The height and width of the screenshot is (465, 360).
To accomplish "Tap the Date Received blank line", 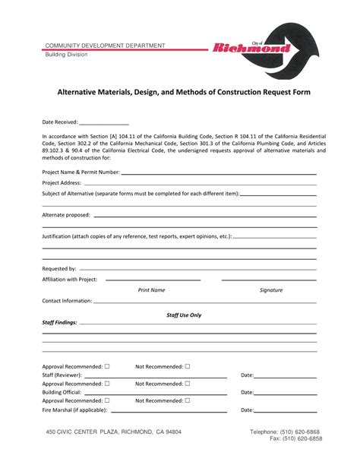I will [103, 123].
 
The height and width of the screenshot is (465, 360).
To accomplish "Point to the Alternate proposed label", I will [66, 215].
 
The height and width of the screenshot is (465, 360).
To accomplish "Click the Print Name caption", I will [151, 289].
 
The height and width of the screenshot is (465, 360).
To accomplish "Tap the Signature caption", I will [270, 289].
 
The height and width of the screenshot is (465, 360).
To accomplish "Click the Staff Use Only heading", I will [184, 314].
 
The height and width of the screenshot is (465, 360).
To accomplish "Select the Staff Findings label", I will [59, 322].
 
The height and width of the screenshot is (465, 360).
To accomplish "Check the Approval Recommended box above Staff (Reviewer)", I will [106, 365].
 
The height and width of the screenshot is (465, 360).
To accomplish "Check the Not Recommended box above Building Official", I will [187, 383].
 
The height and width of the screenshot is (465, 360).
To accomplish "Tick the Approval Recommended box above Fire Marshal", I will [106, 400].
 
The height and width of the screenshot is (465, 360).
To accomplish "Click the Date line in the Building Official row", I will [285, 393].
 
